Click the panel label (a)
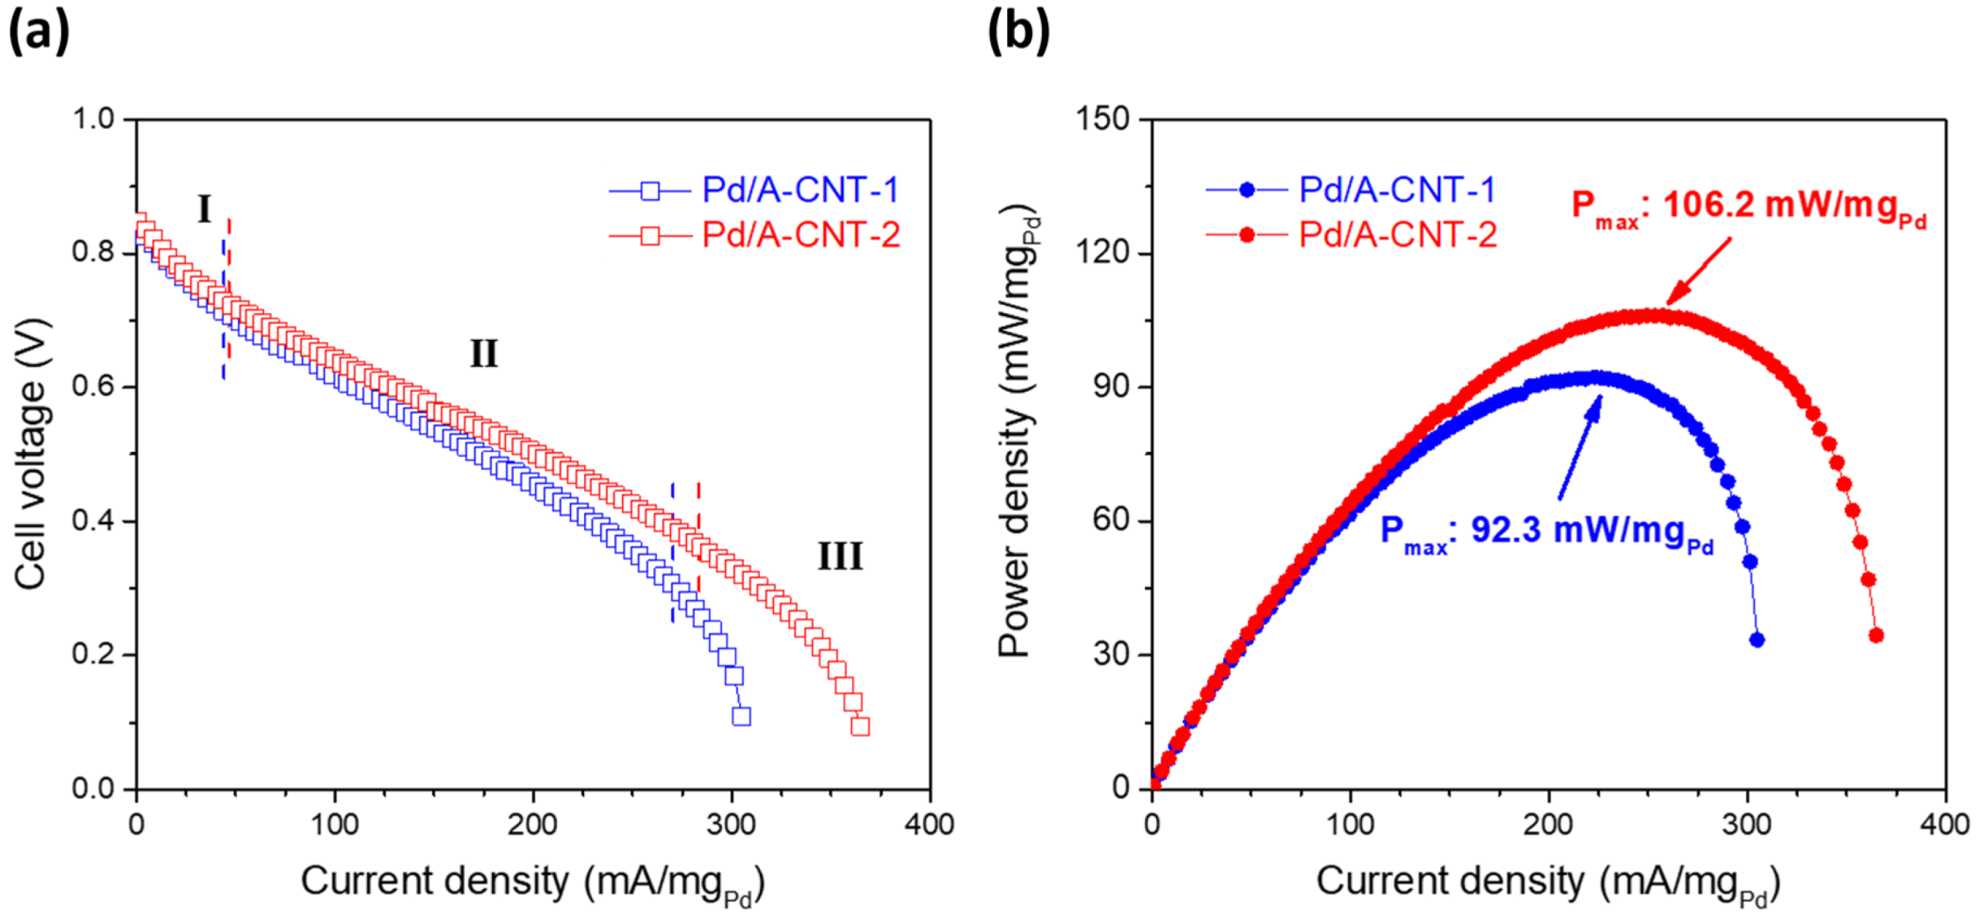coord(39,33)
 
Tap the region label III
coord(839,556)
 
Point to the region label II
coord(483,354)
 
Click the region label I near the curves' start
coord(204,209)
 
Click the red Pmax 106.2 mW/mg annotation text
coord(1748,208)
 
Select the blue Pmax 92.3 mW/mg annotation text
coord(1545,533)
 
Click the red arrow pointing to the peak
coord(1697,272)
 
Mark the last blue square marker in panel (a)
coord(741,715)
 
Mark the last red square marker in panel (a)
coord(859,726)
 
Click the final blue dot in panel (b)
coord(1756,640)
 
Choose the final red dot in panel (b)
coord(1876,635)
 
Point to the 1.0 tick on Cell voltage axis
coord(93,119)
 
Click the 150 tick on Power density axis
coord(1102,119)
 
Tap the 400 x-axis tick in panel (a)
coord(929,825)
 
